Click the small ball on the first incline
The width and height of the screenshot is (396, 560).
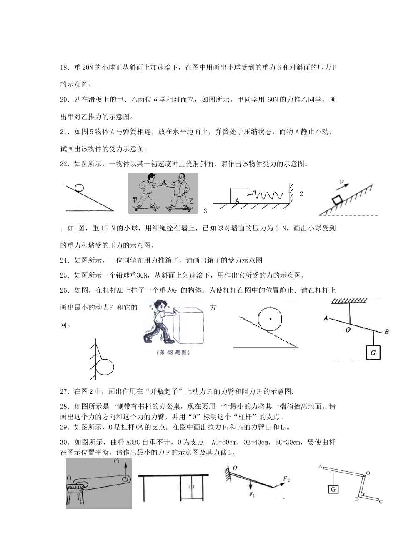tap(78, 188)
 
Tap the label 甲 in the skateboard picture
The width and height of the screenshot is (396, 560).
tap(135, 200)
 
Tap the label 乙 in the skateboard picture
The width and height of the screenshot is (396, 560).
tap(191, 201)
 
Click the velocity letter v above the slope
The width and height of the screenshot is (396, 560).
tap(341, 182)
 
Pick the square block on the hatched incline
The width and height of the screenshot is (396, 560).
tap(337, 200)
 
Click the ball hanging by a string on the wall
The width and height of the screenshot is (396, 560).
tap(105, 367)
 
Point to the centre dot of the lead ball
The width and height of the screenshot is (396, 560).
tap(271, 319)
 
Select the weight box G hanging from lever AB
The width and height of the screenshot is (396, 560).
tap(373, 352)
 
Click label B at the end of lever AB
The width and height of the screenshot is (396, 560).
tap(386, 332)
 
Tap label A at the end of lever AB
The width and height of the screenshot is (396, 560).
tap(325, 318)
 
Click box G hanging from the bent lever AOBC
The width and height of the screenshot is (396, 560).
tap(333, 489)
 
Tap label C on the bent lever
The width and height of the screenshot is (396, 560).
tap(380, 502)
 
